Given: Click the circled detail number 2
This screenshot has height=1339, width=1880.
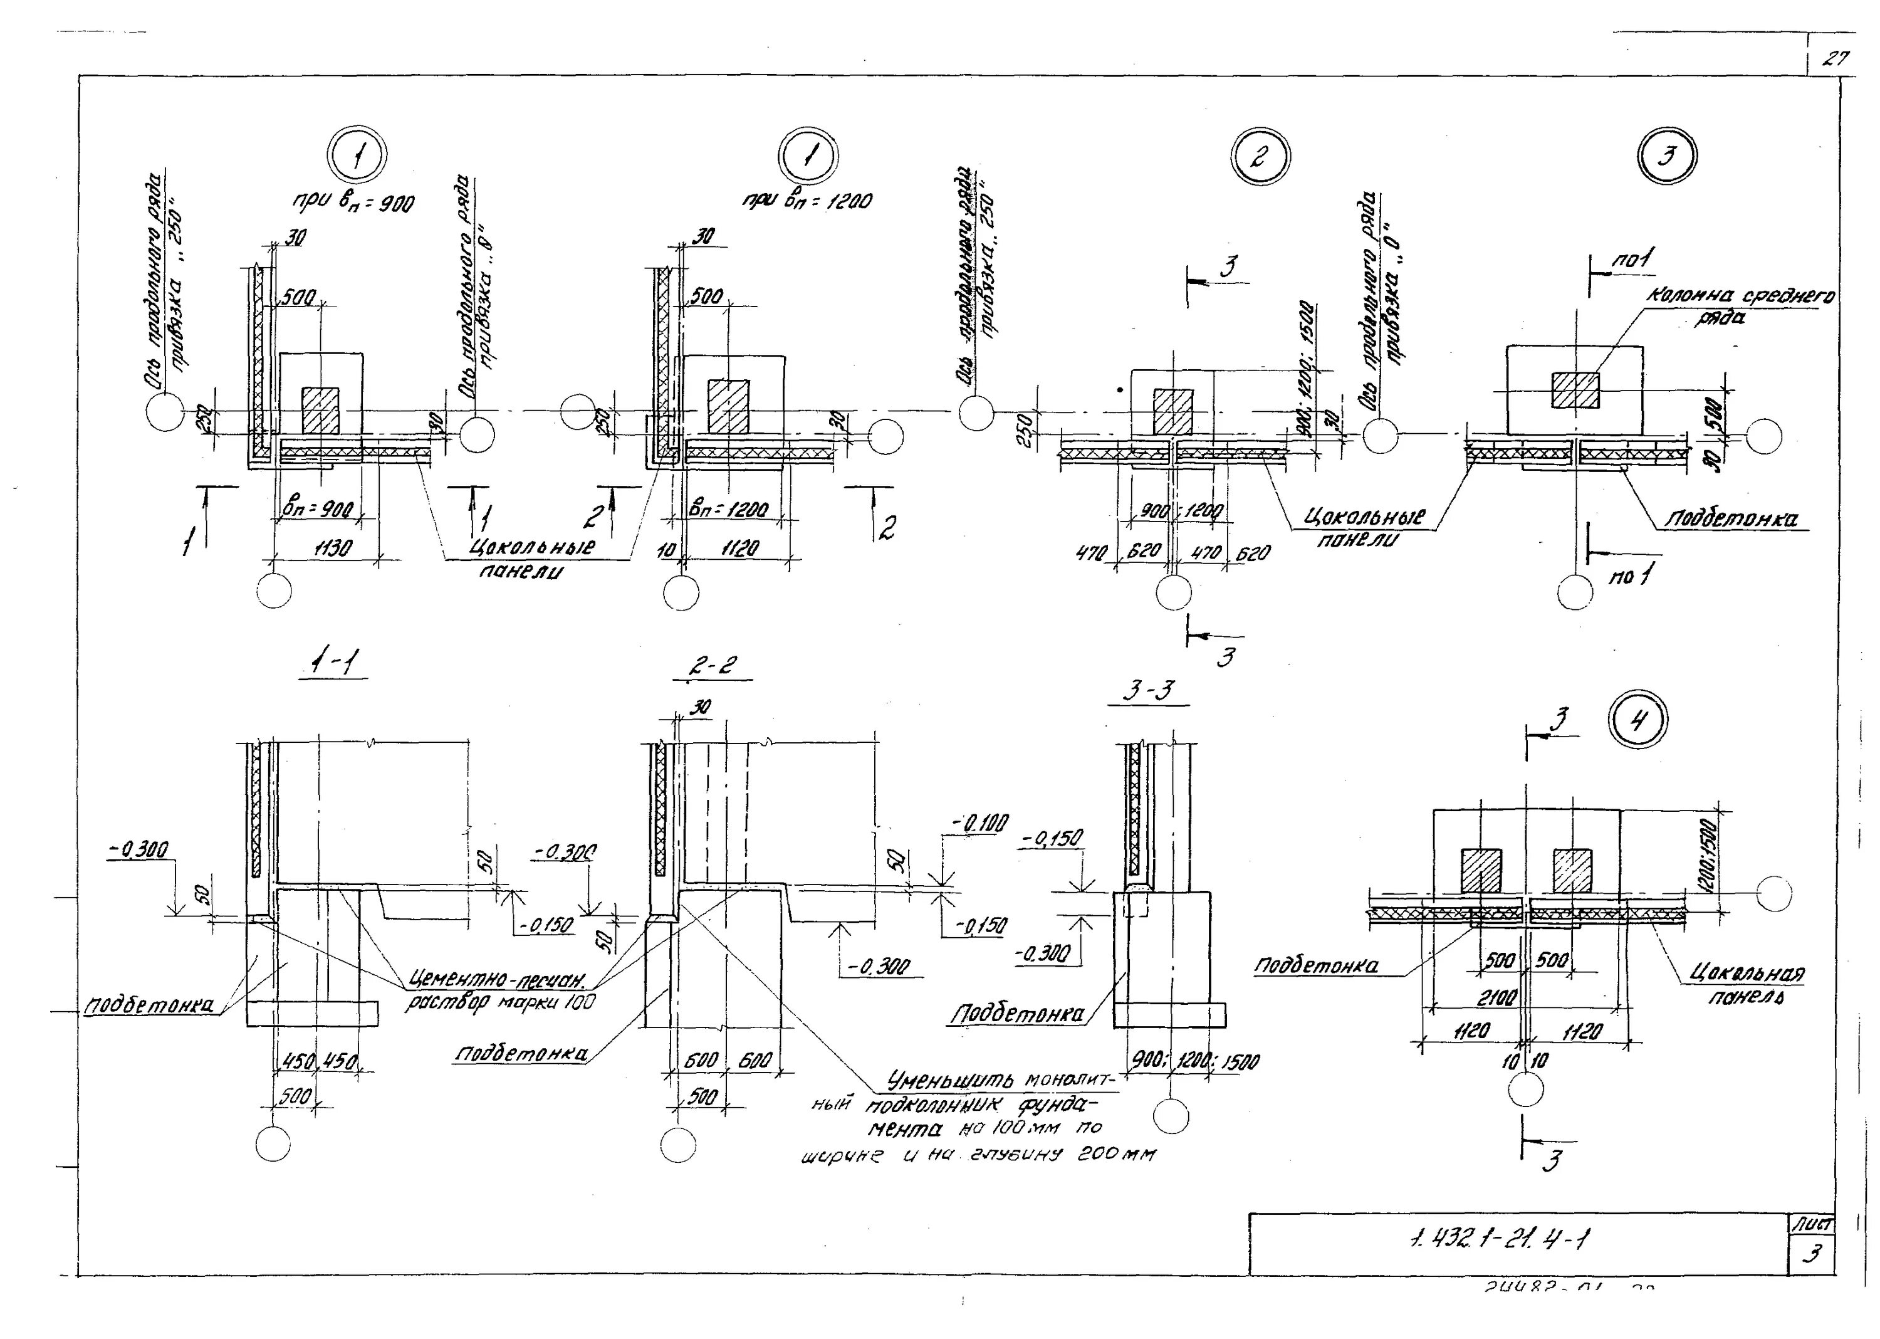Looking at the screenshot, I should [1260, 157].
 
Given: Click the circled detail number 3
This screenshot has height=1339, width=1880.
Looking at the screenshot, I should [1666, 157].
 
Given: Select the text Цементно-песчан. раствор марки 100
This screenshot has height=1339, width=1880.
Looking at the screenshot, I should [499, 992].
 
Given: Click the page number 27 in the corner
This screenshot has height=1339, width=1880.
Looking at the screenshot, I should [1835, 60].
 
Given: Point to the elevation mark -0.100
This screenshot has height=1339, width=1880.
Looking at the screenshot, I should [979, 823].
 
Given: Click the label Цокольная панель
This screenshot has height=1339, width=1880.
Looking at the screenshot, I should [1746, 984].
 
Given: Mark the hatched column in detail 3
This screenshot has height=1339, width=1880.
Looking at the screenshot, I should [1575, 390].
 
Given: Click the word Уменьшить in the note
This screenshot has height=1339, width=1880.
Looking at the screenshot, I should [952, 1080].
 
